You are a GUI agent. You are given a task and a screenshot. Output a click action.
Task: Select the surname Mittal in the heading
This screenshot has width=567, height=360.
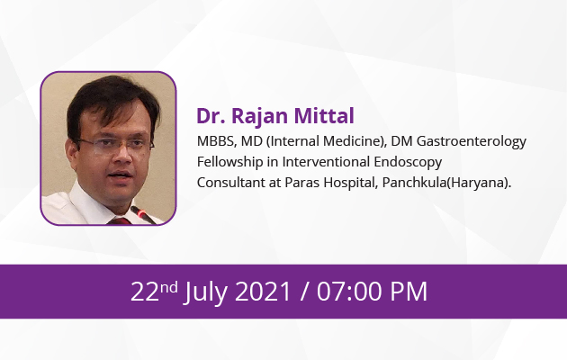(x=324, y=116)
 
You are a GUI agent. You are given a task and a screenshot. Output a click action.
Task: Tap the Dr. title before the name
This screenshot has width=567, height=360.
(x=211, y=116)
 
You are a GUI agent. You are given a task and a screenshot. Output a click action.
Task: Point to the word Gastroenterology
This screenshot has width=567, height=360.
(x=472, y=142)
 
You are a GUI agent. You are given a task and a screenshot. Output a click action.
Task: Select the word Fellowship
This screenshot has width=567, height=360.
(x=229, y=162)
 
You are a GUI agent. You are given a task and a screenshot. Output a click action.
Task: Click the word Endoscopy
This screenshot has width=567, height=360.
(x=408, y=163)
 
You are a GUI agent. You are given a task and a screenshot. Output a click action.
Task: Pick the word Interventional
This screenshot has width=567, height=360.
(x=326, y=162)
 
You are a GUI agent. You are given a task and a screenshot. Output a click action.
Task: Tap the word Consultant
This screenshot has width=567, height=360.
(x=231, y=183)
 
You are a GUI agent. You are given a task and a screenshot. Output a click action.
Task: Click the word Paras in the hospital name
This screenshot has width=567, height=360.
(x=301, y=183)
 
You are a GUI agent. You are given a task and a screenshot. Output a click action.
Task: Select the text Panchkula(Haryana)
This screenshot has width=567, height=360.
(x=446, y=183)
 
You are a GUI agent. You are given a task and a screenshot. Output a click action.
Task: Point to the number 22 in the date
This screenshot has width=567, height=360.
(x=145, y=292)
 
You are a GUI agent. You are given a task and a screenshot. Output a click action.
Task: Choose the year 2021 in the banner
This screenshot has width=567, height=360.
(x=263, y=292)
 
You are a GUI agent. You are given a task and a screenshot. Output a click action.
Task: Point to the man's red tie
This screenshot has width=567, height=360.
(x=120, y=220)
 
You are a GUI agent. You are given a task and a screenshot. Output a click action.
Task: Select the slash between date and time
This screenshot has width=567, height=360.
(x=304, y=292)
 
